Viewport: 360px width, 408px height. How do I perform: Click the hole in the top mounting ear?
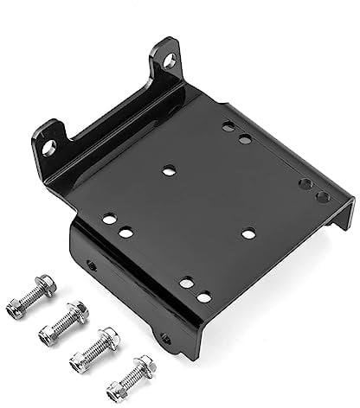pyautogui.click(x=168, y=61)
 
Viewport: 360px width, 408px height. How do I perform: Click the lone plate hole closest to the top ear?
pyautogui.click(x=169, y=170)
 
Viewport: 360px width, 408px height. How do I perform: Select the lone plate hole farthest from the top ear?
pyautogui.click(x=248, y=233)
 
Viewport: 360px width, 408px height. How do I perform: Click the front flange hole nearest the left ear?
pyautogui.click(x=92, y=265)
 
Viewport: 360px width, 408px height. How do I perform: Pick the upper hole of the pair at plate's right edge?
pyautogui.click(x=305, y=184)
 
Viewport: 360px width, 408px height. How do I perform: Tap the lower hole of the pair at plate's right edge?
pyautogui.click(x=322, y=197)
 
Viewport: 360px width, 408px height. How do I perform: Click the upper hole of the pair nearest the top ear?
pyautogui.click(x=228, y=126)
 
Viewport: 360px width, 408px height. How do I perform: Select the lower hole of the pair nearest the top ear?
pyautogui.click(x=245, y=138)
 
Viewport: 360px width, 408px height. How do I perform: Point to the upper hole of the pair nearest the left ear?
pyautogui.click(x=109, y=219)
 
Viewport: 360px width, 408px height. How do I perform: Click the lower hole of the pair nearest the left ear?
pyautogui.click(x=126, y=232)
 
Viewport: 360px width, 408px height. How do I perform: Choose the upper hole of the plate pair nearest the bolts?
pyautogui.click(x=186, y=283)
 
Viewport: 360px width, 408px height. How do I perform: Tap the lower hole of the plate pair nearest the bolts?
pyautogui.click(x=204, y=296)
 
